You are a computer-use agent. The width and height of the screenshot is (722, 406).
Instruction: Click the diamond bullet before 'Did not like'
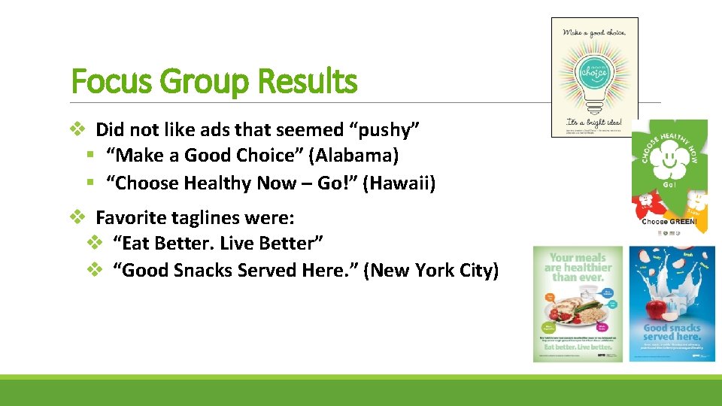[x=77, y=130]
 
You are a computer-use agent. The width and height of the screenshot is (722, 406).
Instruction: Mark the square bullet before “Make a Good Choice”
[x=89, y=156]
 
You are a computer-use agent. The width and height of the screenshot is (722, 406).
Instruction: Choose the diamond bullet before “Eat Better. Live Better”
[x=94, y=244]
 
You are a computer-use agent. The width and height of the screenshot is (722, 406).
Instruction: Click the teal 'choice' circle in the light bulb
[x=594, y=76]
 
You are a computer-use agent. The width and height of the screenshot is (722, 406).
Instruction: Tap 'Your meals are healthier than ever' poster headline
[x=578, y=267]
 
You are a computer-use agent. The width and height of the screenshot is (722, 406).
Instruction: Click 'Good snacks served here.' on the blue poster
[x=672, y=332]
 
